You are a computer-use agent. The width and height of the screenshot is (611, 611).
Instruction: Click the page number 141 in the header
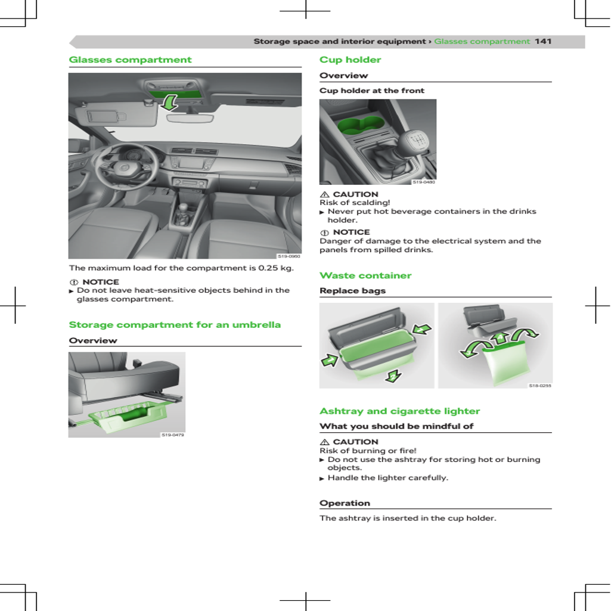[542, 41]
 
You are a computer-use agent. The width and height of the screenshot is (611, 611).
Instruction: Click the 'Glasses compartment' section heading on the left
[130, 60]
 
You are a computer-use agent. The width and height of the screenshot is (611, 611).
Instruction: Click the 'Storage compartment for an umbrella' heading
[175, 325]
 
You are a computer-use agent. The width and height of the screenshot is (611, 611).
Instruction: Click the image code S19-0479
[173, 435]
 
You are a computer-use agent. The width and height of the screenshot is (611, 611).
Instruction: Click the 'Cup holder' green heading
[350, 60]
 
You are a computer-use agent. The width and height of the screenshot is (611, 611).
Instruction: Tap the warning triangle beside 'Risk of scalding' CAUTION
[325, 194]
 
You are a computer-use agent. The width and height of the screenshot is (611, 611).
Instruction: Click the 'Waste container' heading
[365, 275]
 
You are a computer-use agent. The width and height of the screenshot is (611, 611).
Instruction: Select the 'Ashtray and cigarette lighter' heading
[399, 411]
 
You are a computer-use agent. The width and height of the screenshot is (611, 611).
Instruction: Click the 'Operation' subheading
[345, 503]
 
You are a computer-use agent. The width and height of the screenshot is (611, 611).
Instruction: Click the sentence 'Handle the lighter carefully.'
[387, 477]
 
